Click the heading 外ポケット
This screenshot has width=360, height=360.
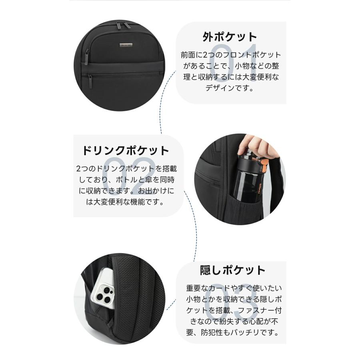pos(229,37)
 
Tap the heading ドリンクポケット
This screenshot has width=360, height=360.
pos(125,151)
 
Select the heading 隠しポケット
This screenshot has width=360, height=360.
pos(232,270)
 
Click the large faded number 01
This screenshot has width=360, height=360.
pos(240,60)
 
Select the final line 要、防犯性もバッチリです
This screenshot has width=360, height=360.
pos(232,332)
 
